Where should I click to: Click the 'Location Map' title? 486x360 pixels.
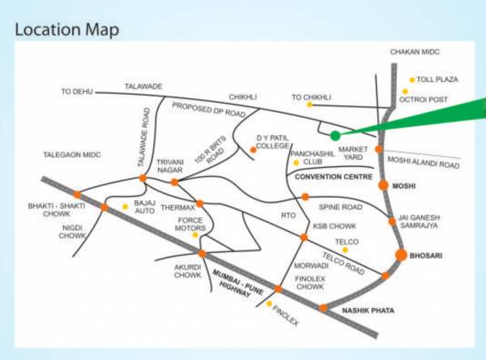pyautogui.click(x=68, y=30)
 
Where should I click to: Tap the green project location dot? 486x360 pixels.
pyautogui.click(x=335, y=135)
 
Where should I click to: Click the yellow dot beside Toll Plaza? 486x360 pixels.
pyautogui.click(x=412, y=79)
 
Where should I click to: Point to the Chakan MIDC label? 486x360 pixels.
pyautogui.click(x=415, y=52)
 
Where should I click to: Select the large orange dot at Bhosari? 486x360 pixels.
pyautogui.click(x=400, y=255)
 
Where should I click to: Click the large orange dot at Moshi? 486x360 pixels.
pyautogui.click(x=384, y=186)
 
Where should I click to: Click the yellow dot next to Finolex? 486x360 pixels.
pyautogui.click(x=270, y=304)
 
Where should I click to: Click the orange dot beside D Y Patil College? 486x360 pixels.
pyautogui.click(x=254, y=149)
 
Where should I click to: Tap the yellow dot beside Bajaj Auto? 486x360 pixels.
pyautogui.click(x=125, y=207)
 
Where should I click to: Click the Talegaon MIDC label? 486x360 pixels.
pyautogui.click(x=71, y=154)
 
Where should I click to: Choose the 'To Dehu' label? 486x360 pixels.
pyautogui.click(x=79, y=92)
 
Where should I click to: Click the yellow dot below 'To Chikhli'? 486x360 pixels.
pyautogui.click(x=309, y=105)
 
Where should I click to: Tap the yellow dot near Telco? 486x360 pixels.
pyautogui.click(x=344, y=250)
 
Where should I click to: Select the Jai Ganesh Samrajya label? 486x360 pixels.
pyautogui.click(x=426, y=222)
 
